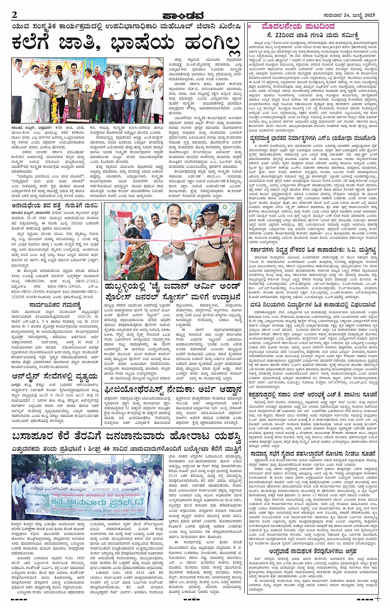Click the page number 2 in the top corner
tap(15, 15)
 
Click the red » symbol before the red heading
tap(249, 26)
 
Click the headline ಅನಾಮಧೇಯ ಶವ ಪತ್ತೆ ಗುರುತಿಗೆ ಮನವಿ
tap(54, 204)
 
